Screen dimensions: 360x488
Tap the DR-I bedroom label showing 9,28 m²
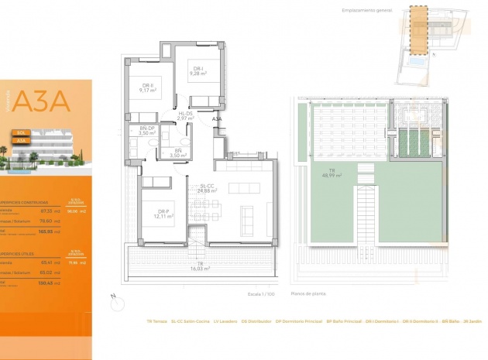pyautogui.click(x=198, y=71)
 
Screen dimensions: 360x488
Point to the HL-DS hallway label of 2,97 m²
pyautogui.click(x=185, y=116)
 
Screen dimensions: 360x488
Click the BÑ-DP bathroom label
pyautogui.click(x=147, y=131)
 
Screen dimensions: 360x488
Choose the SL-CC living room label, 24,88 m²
pyautogui.click(x=206, y=188)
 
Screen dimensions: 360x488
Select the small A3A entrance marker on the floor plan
pyautogui.click(x=217, y=119)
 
